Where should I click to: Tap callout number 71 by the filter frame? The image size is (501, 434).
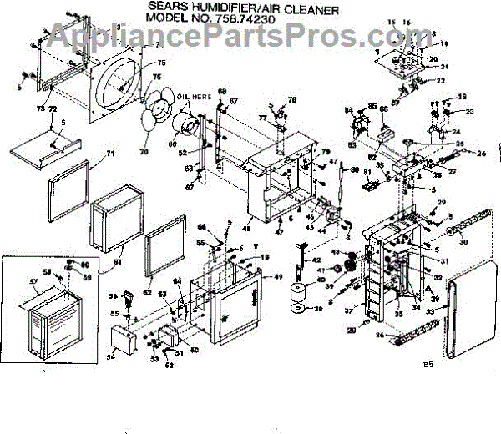(x=109, y=154)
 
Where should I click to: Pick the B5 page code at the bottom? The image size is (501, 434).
(x=429, y=365)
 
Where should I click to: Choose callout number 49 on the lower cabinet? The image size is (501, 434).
(x=279, y=276)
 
